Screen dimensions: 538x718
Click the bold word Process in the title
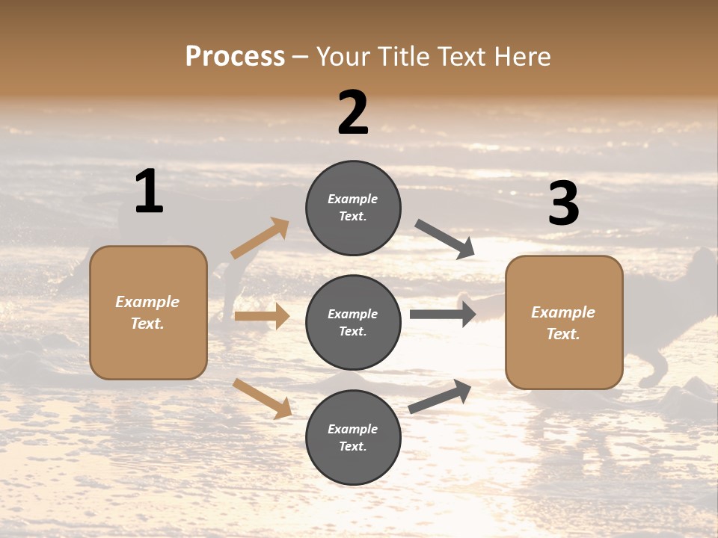(x=235, y=57)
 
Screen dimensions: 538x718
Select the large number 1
(x=149, y=192)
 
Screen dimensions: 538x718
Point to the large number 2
(x=353, y=113)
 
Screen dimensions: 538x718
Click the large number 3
(x=563, y=204)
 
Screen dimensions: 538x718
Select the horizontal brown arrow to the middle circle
(x=262, y=316)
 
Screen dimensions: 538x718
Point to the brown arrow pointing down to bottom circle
(x=262, y=398)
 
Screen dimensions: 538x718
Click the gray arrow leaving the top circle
(x=445, y=239)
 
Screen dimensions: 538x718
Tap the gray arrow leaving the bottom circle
(x=440, y=397)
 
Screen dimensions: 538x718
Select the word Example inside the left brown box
(x=147, y=302)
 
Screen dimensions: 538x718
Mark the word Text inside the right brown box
(x=563, y=334)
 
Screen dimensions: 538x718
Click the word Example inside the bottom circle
(x=353, y=429)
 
